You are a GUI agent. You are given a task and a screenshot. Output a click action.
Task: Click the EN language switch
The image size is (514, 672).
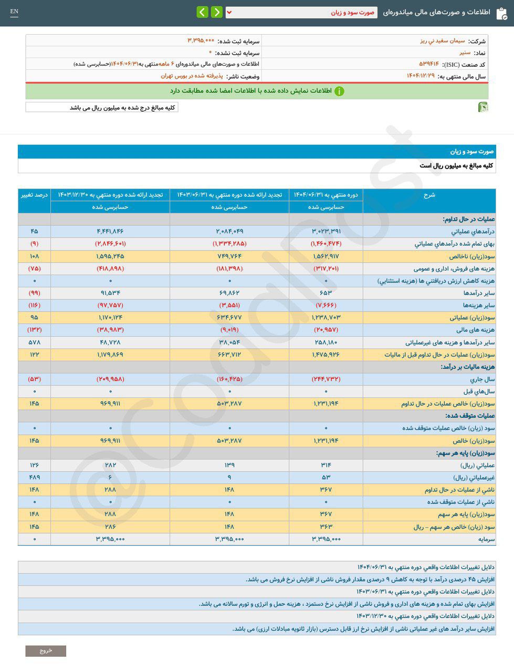pyautogui.click(x=14, y=12)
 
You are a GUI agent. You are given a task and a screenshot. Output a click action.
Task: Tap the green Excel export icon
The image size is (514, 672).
pyautogui.click(x=483, y=107)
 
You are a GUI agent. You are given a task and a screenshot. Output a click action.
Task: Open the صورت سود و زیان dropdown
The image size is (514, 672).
pyautogui.click(x=301, y=12)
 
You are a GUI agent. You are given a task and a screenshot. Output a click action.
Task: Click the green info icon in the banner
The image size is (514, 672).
pyautogui.click(x=339, y=91)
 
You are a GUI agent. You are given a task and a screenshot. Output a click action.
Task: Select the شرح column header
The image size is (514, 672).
pyautogui.click(x=429, y=195)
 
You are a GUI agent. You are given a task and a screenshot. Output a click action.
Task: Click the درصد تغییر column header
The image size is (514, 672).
pyautogui.click(x=34, y=195)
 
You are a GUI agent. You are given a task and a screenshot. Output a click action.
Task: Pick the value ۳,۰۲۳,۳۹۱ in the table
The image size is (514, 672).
pyautogui.click(x=326, y=232)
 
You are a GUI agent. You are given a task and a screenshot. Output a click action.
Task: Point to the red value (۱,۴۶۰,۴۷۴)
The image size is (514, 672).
pyautogui.click(x=326, y=244)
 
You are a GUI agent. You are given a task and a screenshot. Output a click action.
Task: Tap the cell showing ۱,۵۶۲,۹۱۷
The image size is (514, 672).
pyautogui.click(x=326, y=256)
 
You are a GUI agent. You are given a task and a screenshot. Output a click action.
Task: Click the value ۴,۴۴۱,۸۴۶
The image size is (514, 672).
pyautogui.click(x=110, y=232)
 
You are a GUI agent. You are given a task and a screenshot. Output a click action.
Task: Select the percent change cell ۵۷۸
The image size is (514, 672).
pyautogui.click(x=34, y=342)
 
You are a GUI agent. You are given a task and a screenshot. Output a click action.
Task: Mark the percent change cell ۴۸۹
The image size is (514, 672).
pyautogui.click(x=34, y=477)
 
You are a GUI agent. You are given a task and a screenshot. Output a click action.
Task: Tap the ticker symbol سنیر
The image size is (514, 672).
pyautogui.click(x=465, y=52)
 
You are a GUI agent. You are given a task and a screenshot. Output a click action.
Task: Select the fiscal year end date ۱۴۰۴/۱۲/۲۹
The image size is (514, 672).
pyautogui.click(x=421, y=76)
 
